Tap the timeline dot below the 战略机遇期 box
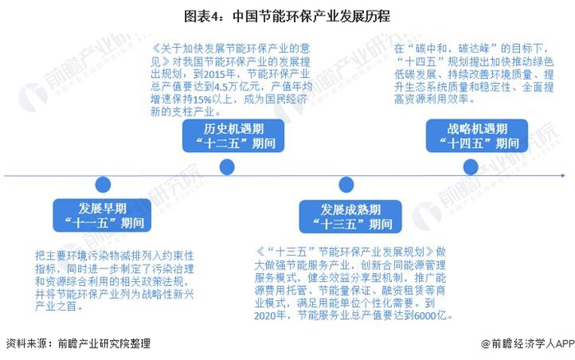click(x=471, y=167)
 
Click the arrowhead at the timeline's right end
click(x=562, y=175)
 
